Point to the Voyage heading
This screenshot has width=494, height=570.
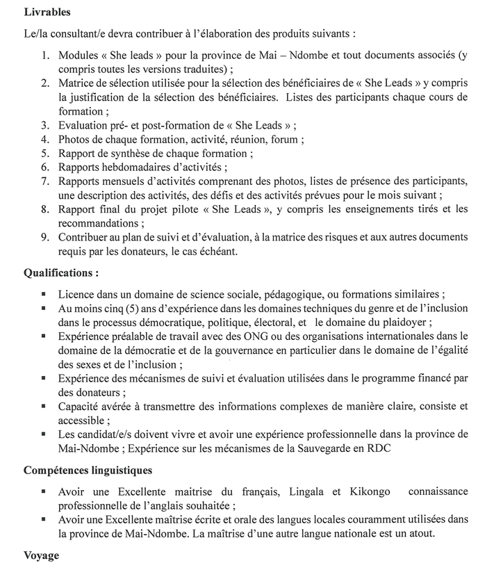(42, 556)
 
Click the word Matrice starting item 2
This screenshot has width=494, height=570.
(78, 83)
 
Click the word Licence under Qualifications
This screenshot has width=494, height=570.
(77, 294)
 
